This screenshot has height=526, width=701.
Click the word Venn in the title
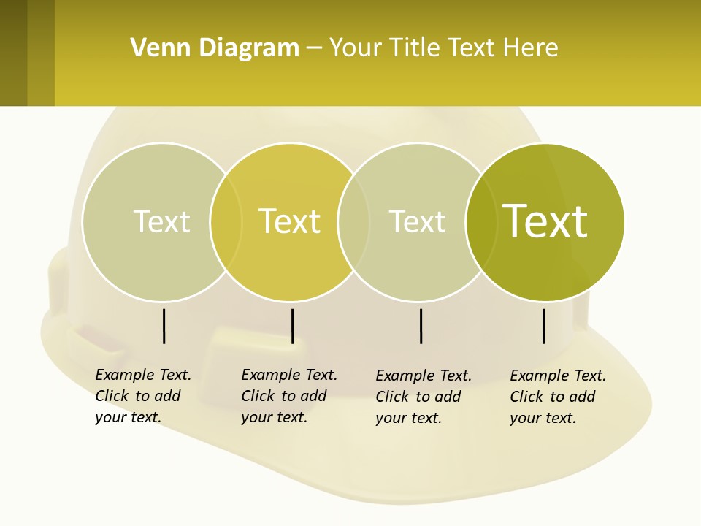(156, 48)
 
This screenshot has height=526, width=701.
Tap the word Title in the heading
(417, 48)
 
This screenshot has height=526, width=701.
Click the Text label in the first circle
(161, 221)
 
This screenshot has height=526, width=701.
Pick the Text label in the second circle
(290, 221)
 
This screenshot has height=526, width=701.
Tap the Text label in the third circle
(417, 221)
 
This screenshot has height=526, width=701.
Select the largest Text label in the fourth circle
(545, 221)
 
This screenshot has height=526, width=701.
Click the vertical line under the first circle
(164, 326)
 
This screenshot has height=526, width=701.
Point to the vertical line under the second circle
(293, 326)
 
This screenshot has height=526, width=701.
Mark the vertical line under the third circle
(421, 326)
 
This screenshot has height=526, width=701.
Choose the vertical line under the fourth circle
(544, 326)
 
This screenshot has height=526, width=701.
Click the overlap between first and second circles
(226, 221)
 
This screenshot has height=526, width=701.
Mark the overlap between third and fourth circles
(481, 221)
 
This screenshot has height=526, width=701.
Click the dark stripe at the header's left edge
(13, 53)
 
